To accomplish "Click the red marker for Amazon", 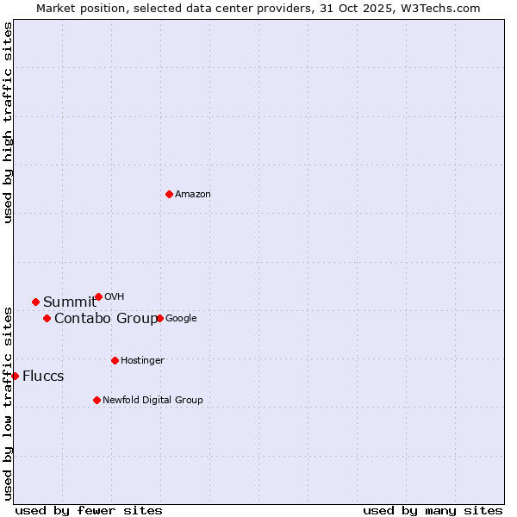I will pyautogui.click(x=169, y=194).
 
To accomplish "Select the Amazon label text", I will pyautogui.click(x=193, y=195).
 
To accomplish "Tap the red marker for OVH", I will pyautogui.click(x=98, y=296).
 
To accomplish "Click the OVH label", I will pyautogui.click(x=114, y=297).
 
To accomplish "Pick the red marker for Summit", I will pyautogui.click(x=35, y=302).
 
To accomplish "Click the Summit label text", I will pyautogui.click(x=70, y=302).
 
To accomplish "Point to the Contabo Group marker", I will pyautogui.click(x=47, y=318).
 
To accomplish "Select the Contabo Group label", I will pyautogui.click(x=106, y=319).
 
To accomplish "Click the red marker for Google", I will pyautogui.click(x=159, y=318).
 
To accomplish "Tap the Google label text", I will pyautogui.click(x=181, y=319).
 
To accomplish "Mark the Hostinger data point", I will pyautogui.click(x=115, y=360).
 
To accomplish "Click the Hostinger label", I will pyautogui.click(x=142, y=361).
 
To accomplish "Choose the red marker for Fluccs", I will pyautogui.click(x=15, y=376).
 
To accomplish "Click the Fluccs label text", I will pyautogui.click(x=43, y=377).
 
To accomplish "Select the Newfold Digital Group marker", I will pyautogui.click(x=97, y=400).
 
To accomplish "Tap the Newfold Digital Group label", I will pyautogui.click(x=153, y=401).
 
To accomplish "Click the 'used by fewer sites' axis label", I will pyautogui.click(x=89, y=510).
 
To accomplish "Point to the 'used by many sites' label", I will pyautogui.click(x=433, y=510).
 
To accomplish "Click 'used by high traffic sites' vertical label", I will pyautogui.click(x=8, y=123).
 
